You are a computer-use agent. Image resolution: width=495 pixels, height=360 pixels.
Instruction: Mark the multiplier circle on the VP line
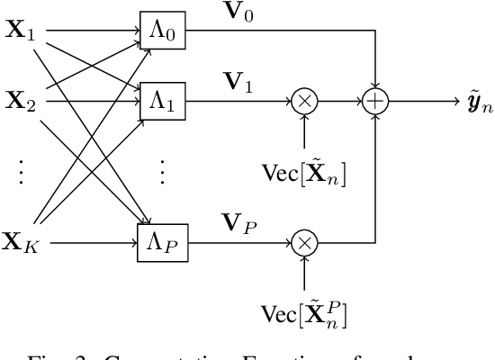[x=305, y=242]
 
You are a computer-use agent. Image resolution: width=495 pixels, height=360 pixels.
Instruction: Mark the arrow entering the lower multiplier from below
[x=305, y=270]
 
